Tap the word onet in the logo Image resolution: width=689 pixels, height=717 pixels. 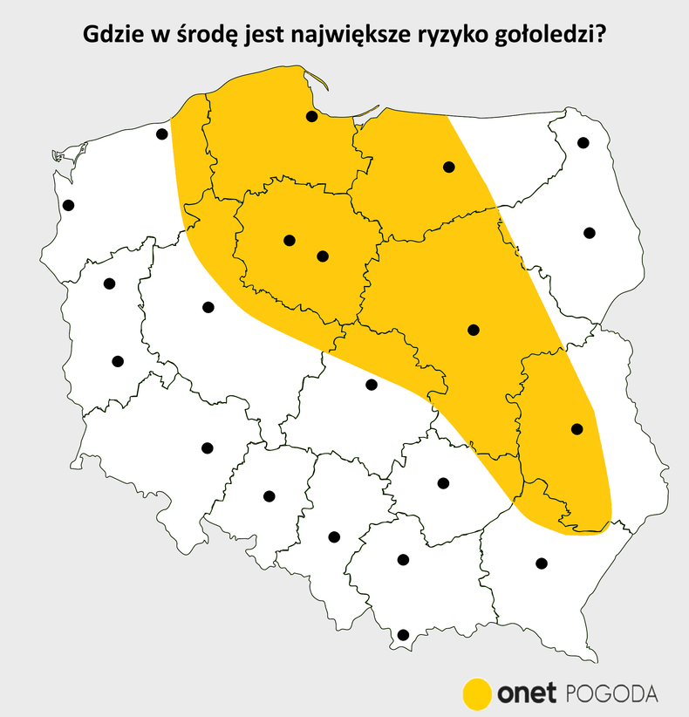click(528, 694)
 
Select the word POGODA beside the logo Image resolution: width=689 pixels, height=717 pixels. click(612, 694)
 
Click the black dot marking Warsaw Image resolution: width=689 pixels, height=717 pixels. click(474, 330)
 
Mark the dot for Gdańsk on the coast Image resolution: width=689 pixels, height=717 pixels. click(311, 117)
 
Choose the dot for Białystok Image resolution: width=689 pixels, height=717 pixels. click(590, 233)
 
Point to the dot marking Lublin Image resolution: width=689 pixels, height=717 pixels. click(576, 428)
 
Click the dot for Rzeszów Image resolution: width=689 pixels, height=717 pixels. click(542, 563)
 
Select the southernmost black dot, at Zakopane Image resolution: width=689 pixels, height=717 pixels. click(403, 635)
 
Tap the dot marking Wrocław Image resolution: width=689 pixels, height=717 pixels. click(208, 448)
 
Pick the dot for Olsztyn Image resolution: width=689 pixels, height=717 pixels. click(449, 167)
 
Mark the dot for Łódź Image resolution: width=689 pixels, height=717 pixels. click(371, 385)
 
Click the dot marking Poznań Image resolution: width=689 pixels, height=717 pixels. click(208, 306)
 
